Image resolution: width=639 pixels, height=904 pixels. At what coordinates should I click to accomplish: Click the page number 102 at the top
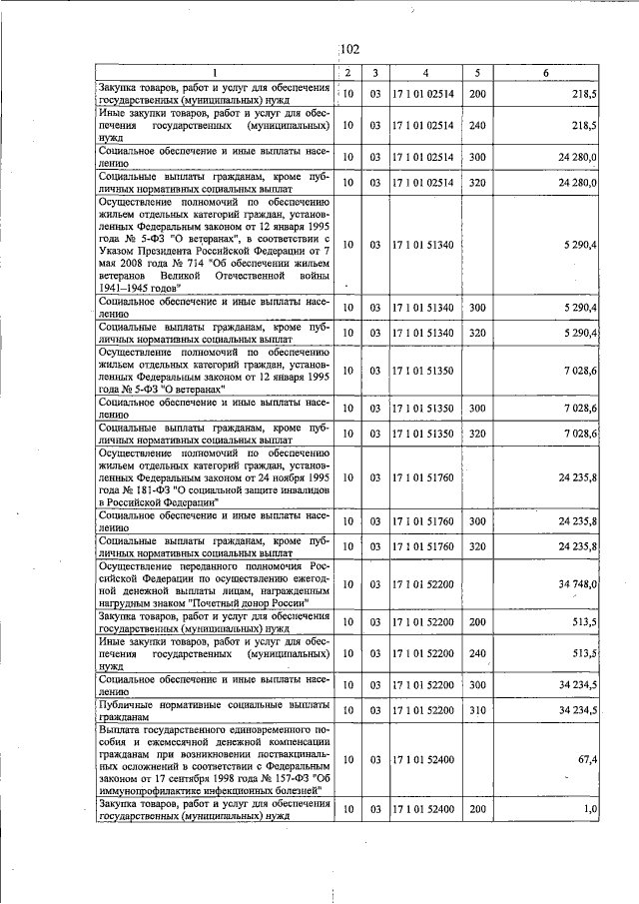[348, 48]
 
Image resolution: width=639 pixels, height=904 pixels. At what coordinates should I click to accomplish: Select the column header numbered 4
[425, 73]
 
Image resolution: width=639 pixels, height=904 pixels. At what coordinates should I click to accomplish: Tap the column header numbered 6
[545, 73]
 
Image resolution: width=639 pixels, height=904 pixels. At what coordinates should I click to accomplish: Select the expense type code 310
[477, 709]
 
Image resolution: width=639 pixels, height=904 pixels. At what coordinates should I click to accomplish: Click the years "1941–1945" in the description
[126, 286]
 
